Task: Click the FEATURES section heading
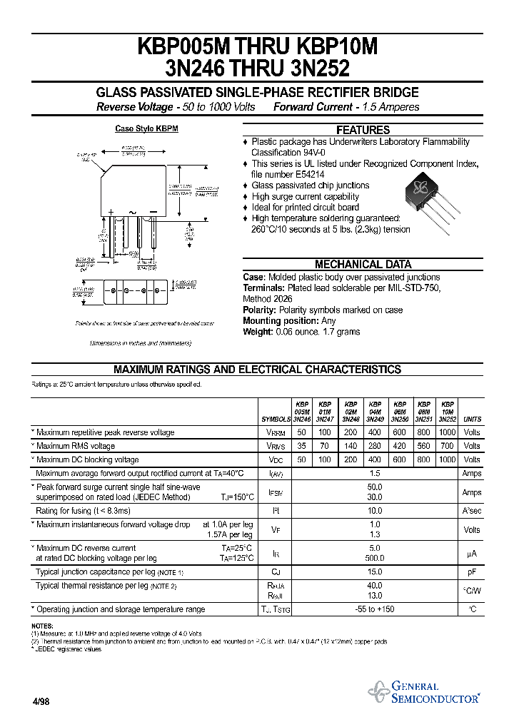[363, 130]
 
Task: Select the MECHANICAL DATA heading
[363, 264]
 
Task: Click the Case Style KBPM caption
[146, 129]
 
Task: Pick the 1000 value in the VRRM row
[448, 432]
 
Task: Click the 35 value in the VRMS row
[301, 446]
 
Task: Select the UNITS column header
[472, 420]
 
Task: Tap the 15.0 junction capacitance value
[374, 571]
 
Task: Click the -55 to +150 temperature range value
[374, 609]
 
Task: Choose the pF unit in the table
[472, 571]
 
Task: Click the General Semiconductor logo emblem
[378, 691]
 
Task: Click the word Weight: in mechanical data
[259, 332]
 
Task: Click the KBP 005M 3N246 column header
[302, 412]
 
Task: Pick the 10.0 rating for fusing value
[374, 511]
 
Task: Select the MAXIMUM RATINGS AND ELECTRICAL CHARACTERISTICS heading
[257, 370]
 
